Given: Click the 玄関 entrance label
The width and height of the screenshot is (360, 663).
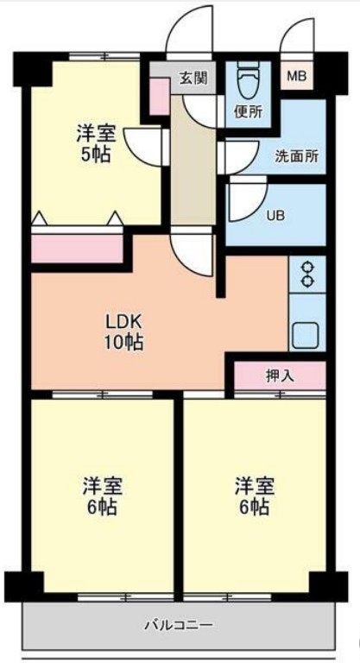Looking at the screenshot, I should click(x=193, y=79).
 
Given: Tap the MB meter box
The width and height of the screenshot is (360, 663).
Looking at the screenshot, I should click(x=296, y=77).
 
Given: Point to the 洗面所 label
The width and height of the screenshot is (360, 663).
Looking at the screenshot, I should click(x=296, y=157).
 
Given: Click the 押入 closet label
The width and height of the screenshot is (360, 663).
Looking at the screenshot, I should click(x=279, y=376).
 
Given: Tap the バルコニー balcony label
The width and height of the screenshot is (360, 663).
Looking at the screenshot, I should click(x=178, y=624).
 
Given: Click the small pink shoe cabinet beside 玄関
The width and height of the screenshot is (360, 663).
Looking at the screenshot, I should click(x=160, y=97).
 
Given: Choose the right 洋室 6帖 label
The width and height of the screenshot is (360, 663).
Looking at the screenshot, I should click(x=254, y=494).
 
